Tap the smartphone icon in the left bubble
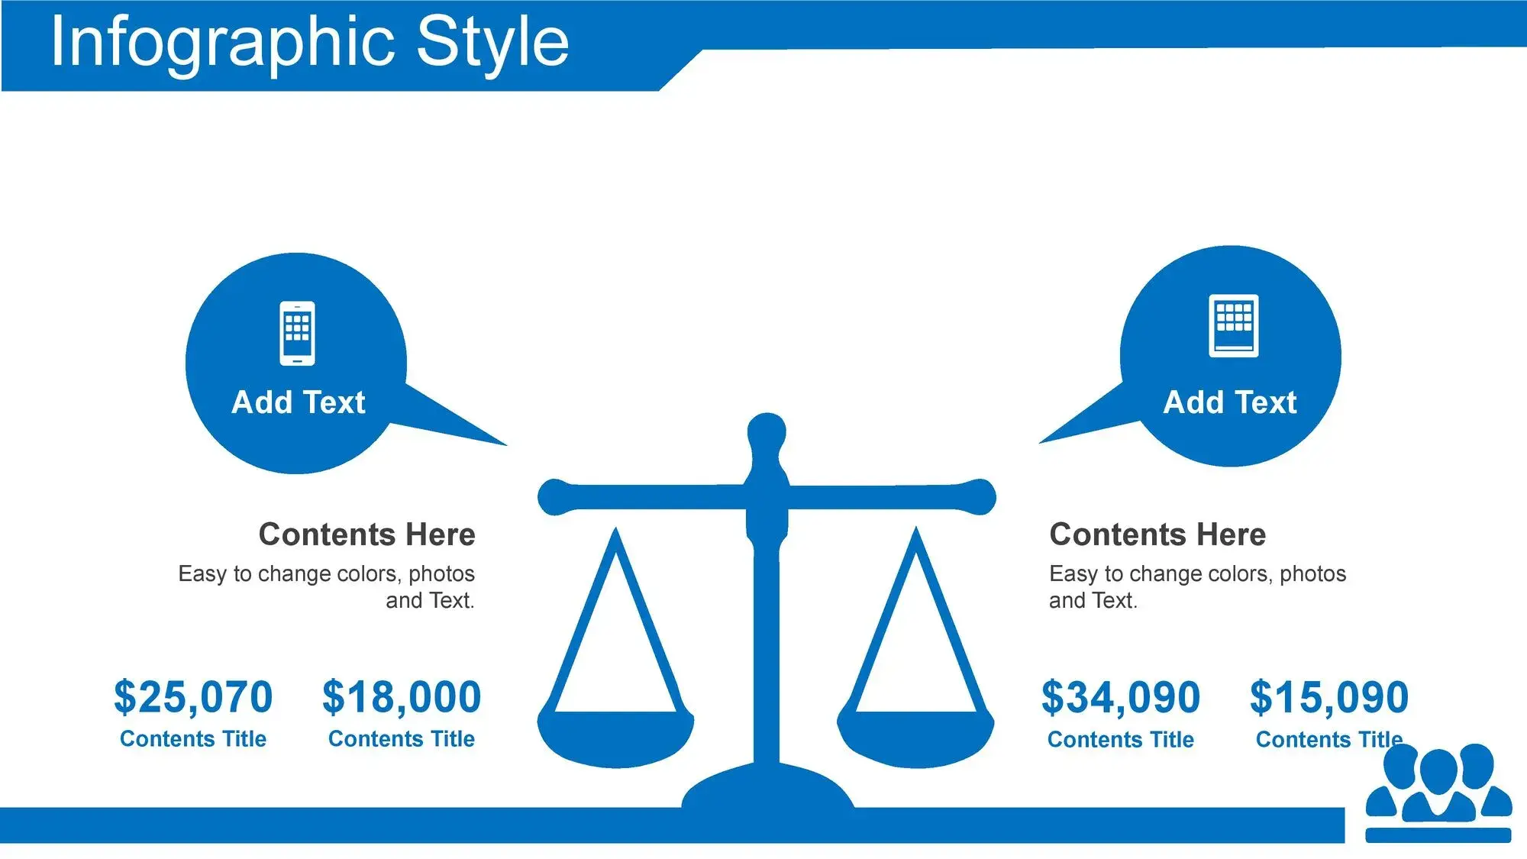(297, 334)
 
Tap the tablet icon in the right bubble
(1234, 325)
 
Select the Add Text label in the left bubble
(299, 402)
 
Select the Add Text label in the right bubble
(1230, 402)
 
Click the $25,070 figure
(193, 697)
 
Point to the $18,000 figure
(402, 697)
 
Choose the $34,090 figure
(1121, 698)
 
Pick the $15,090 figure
(1329, 698)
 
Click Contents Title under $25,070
(193, 739)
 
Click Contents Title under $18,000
(402, 739)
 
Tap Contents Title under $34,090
(1121, 740)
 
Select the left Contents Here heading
(367, 534)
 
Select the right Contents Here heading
(1157, 534)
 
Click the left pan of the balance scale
(615, 739)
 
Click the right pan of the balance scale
(915, 739)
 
